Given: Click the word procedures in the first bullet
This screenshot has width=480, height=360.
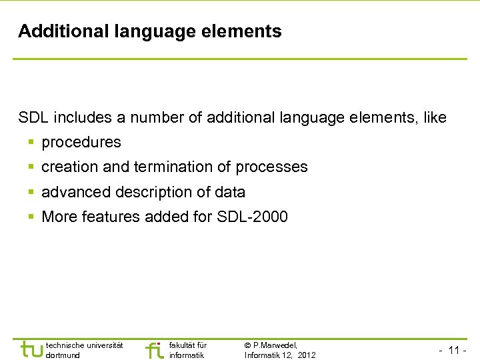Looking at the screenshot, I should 81,143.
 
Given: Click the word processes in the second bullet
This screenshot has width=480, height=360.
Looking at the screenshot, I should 271,167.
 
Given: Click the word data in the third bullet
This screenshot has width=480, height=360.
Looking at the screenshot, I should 230,193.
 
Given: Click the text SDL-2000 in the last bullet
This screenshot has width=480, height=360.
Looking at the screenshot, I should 253,217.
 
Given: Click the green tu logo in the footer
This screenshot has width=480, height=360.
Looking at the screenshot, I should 31,349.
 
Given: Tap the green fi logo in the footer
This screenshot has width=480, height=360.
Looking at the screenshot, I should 154,349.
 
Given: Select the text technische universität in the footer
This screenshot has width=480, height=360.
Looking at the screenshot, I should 84,345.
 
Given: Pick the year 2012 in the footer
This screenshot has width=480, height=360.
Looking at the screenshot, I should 307,355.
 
